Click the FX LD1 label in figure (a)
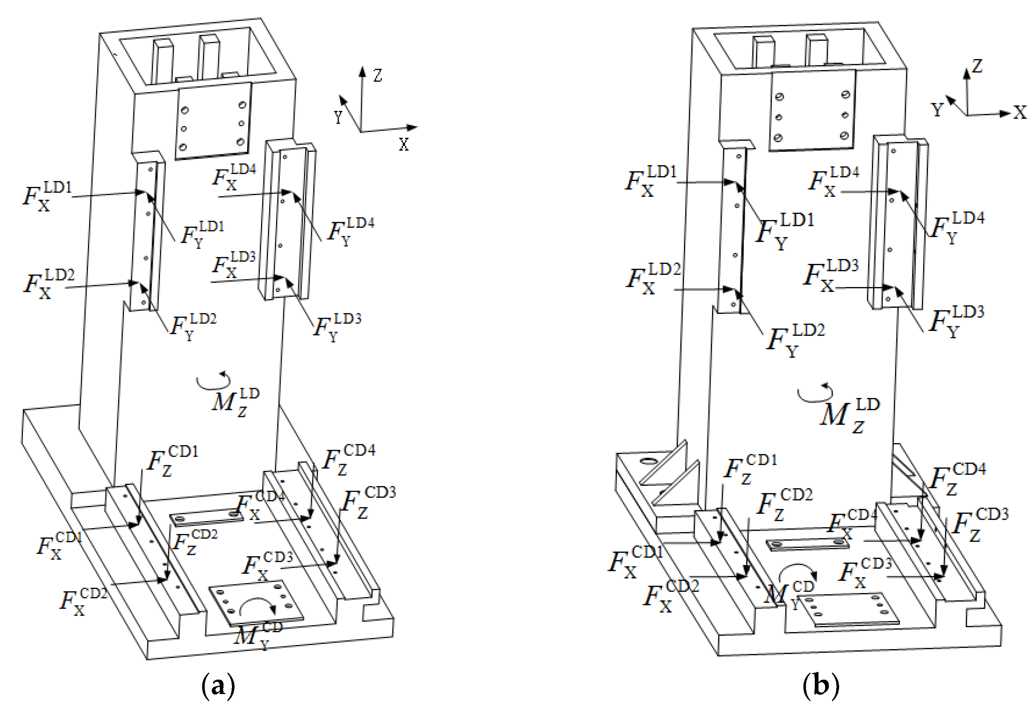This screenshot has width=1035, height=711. [47, 196]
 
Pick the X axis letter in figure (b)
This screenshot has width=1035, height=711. [1020, 112]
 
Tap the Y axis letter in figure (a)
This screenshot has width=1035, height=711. [338, 117]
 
